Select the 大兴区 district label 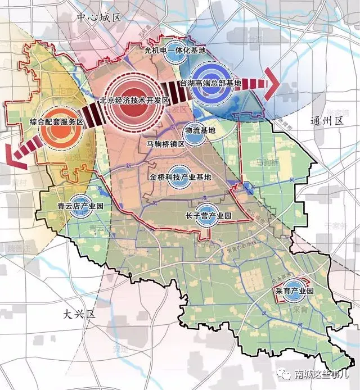click(x=79, y=314)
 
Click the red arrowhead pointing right click(x=272, y=84)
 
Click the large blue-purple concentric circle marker click(x=210, y=79)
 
